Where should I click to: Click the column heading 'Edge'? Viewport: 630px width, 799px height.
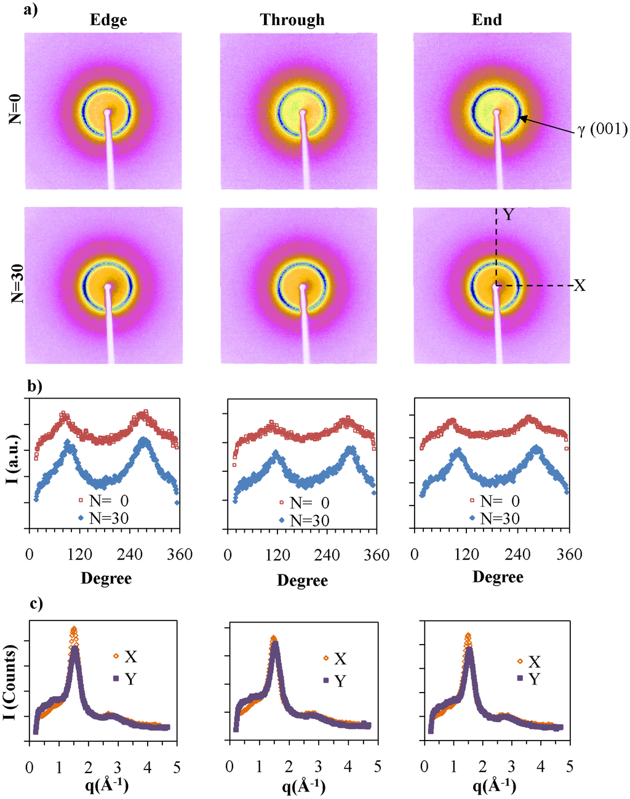108,20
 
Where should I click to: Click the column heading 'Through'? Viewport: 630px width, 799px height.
292,20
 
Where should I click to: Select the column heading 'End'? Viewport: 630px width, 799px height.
487,20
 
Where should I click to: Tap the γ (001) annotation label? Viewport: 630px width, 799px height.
602,130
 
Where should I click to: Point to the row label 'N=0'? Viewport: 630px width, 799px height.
16,111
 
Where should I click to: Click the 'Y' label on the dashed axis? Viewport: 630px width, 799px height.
508,215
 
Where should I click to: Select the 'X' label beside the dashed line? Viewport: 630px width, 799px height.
579,285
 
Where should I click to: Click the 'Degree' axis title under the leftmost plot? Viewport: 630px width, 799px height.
106,578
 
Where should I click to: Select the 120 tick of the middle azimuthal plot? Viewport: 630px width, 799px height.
277,555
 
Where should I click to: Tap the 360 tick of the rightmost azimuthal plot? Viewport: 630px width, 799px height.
569,555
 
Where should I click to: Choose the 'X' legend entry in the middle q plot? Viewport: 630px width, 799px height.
340,659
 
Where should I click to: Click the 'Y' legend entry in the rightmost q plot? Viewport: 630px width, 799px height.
533,679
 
